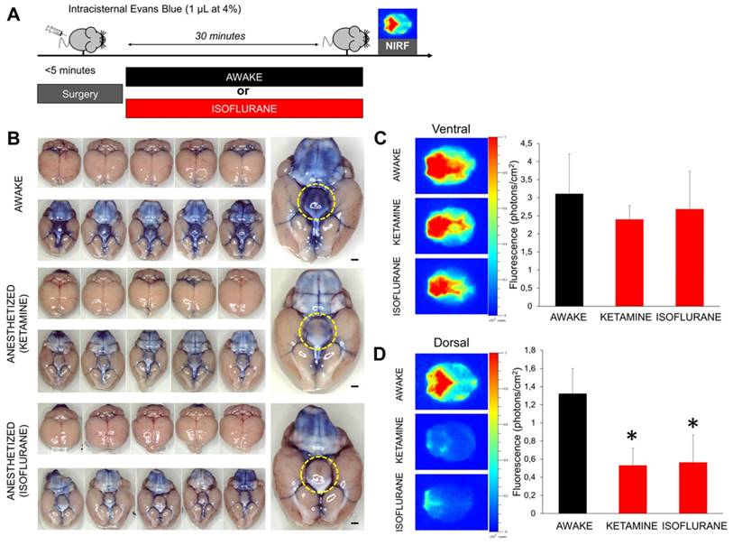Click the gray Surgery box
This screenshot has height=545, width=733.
(79, 94)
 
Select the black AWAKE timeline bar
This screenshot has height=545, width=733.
(244, 77)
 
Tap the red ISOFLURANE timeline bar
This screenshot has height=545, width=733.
(244, 108)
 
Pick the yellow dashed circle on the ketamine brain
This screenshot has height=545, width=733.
(315, 333)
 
